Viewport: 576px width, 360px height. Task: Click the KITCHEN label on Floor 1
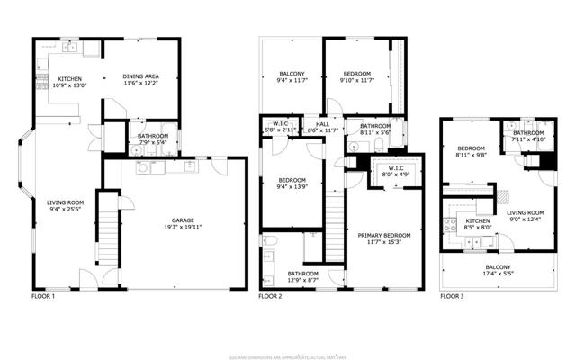click(x=72, y=79)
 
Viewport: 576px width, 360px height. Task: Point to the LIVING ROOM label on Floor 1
click(x=65, y=202)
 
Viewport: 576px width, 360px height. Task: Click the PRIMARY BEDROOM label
click(x=383, y=236)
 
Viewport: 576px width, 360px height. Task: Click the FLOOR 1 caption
click(x=43, y=296)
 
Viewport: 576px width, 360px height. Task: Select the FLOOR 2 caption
click(x=270, y=296)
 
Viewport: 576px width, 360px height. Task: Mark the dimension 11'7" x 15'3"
click(x=383, y=242)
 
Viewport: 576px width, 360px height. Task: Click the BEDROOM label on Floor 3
click(x=472, y=148)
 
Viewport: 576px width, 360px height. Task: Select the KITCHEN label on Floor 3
click(x=477, y=220)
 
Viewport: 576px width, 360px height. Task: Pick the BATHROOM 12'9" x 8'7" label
click(x=303, y=274)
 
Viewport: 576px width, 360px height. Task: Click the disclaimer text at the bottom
click(x=288, y=335)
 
